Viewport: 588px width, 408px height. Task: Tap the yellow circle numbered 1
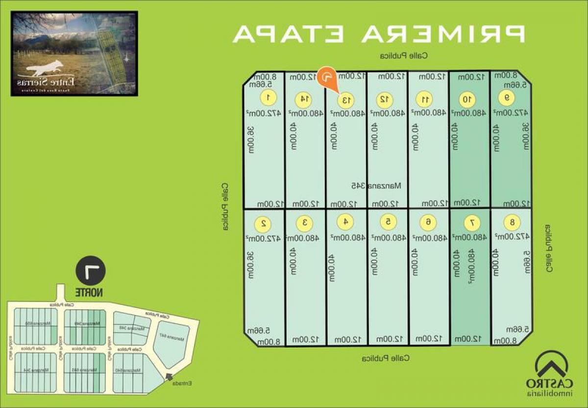(267, 98)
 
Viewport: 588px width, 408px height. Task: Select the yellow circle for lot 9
(507, 98)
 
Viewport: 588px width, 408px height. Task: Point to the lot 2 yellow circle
(263, 223)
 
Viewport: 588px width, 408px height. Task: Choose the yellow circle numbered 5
(388, 222)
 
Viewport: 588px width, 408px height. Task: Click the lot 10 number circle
(467, 100)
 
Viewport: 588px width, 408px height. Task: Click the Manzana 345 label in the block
(376, 186)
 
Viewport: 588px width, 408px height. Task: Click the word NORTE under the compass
(89, 292)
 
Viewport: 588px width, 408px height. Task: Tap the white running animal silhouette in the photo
(45, 67)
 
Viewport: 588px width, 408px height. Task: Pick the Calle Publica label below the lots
(386, 359)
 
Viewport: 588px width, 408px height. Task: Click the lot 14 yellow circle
(304, 99)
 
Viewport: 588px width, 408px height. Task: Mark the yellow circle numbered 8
(512, 222)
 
